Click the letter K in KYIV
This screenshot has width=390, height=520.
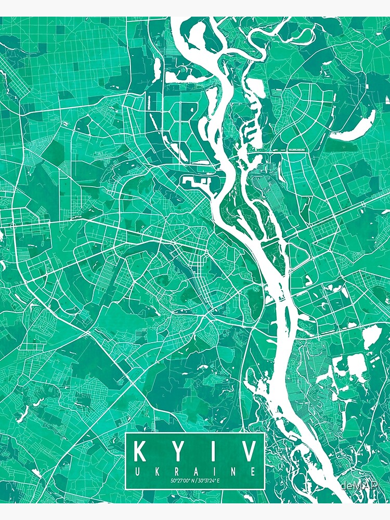tap(142, 451)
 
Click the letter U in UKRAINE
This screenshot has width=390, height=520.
tap(137, 472)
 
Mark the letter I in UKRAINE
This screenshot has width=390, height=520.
tap(214, 472)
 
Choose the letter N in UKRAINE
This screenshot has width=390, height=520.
tap(232, 472)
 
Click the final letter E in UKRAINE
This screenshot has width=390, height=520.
tap(252, 472)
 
